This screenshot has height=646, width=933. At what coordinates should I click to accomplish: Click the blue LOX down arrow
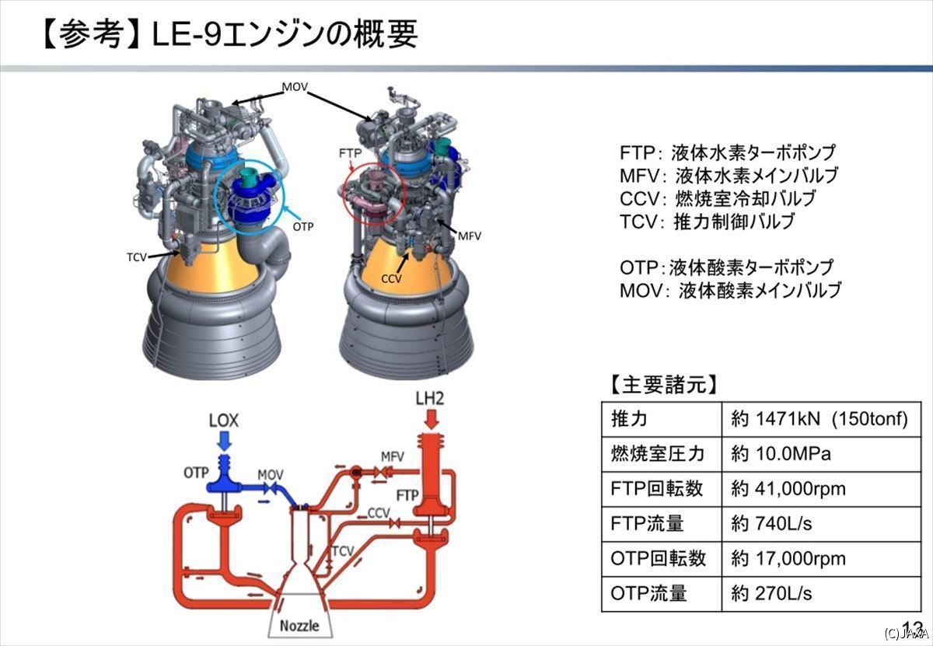tap(225, 441)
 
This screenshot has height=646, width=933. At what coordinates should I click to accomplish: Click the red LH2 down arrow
tap(431, 419)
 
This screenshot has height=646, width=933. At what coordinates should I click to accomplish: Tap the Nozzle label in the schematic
tap(299, 625)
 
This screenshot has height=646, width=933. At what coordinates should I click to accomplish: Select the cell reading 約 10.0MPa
tap(781, 453)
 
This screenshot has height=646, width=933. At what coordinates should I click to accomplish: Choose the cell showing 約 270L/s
tap(771, 593)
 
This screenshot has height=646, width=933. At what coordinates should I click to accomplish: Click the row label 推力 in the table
tap(629, 418)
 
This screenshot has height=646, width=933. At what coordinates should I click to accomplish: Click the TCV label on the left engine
tap(137, 257)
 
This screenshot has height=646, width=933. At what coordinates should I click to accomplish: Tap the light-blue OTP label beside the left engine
tap(303, 226)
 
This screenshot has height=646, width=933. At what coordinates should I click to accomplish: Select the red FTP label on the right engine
tap(350, 153)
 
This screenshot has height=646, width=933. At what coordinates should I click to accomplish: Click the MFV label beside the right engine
tap(470, 236)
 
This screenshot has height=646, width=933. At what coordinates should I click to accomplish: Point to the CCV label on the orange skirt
tap(392, 278)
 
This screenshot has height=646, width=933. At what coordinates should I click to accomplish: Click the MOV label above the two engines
tap(295, 86)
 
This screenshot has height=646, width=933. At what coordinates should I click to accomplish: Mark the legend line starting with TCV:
tap(708, 222)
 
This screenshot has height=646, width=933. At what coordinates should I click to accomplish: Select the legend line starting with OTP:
tap(726, 267)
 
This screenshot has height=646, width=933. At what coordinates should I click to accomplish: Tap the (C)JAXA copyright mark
tap(907, 633)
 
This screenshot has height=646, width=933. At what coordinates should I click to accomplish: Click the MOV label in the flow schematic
tap(271, 475)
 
